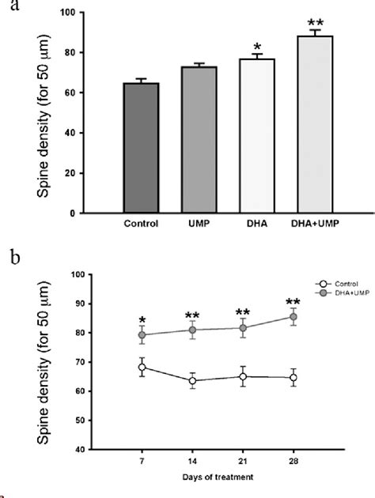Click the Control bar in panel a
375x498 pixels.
[142, 148]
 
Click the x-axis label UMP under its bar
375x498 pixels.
[198, 223]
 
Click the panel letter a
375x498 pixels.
[7, 6]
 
